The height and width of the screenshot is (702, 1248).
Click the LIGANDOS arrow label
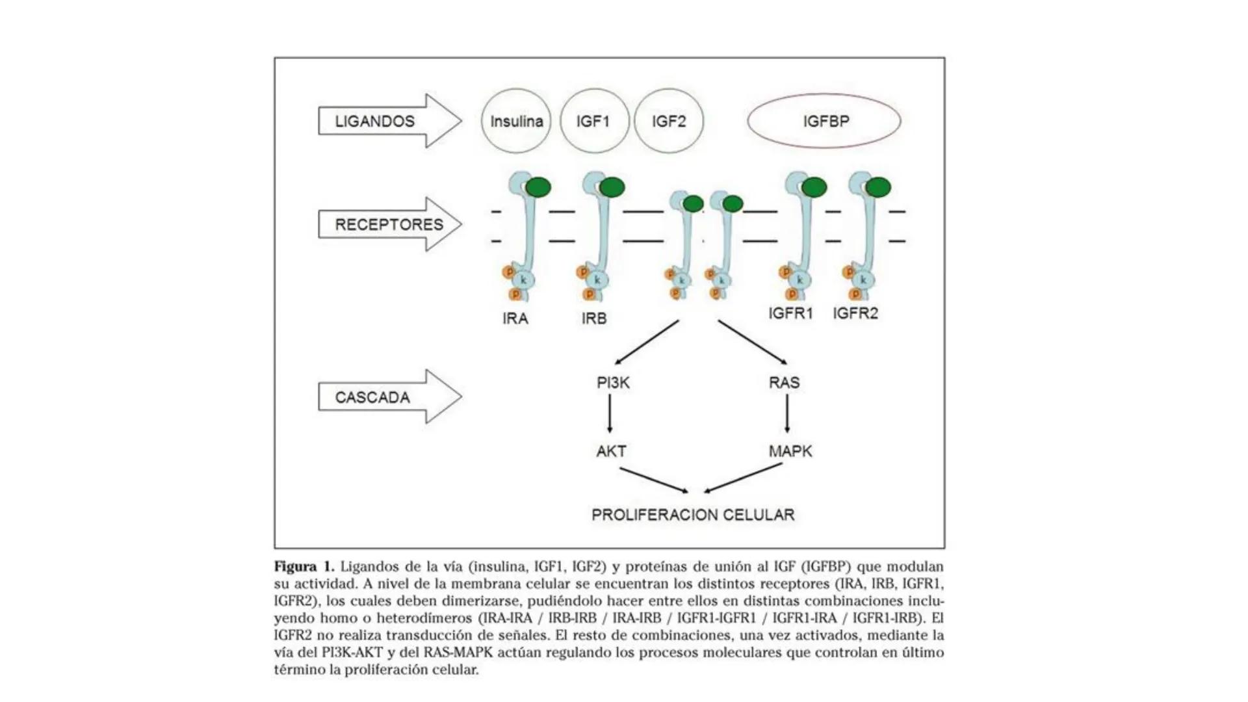tap(375, 122)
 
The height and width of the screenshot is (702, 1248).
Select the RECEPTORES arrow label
tap(389, 225)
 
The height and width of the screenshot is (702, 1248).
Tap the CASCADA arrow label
tap(372, 397)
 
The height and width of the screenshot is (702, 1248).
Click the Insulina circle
tap(516, 122)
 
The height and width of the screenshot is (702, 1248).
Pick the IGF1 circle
tap(593, 122)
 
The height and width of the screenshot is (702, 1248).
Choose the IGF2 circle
tap(669, 122)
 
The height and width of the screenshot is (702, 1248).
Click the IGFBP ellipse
tap(824, 122)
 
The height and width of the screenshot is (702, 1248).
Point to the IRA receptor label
tap(515, 319)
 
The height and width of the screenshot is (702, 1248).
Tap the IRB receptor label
tap(594, 319)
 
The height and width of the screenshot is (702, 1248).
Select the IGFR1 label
tap(790, 313)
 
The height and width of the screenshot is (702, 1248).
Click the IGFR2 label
tap(855, 313)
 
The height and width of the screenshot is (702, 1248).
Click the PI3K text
tap(613, 383)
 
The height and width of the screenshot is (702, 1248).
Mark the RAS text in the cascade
tap(784, 383)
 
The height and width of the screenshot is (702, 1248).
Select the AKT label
tap(611, 451)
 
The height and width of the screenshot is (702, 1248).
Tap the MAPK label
tap(790, 451)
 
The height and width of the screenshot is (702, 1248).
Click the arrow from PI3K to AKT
tap(610, 413)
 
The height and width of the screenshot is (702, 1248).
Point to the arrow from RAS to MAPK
tap(787, 413)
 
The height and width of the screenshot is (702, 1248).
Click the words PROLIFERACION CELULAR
tap(693, 515)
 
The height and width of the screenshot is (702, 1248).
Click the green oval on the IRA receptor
tap(538, 188)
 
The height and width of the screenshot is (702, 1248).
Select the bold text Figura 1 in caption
tap(304, 566)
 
